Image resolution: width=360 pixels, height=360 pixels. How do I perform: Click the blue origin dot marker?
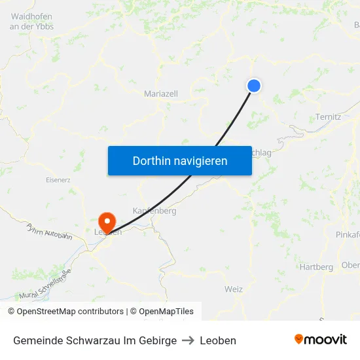[x=254, y=86]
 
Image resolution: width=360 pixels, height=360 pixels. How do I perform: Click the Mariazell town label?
[x=161, y=94]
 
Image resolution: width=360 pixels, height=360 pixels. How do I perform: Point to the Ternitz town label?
[x=328, y=117]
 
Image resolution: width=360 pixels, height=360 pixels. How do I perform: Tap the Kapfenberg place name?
[x=154, y=211]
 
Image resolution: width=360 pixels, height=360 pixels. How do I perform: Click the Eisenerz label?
[x=58, y=179]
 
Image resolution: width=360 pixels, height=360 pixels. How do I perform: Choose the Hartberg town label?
[x=316, y=267]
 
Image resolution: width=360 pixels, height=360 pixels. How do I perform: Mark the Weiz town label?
[x=233, y=289]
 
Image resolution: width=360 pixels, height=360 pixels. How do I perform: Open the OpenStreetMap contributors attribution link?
[x=70, y=312]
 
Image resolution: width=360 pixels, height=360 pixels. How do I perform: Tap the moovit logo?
[x=320, y=340]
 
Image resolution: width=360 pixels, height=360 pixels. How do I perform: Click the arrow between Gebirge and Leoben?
[x=188, y=340]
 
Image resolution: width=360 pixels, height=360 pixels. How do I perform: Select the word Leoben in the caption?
[x=218, y=340]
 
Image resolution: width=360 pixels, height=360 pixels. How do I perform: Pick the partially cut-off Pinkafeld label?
[x=347, y=235]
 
